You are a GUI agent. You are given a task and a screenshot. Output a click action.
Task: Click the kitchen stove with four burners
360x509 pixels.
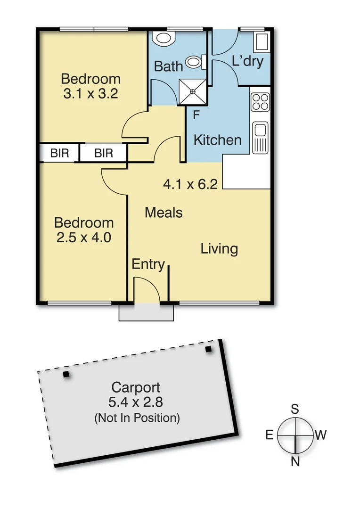click(x=260, y=101)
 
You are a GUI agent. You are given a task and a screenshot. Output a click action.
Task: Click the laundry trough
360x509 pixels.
click(x=261, y=44)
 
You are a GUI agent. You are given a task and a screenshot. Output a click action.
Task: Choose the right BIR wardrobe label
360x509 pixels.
click(x=104, y=153)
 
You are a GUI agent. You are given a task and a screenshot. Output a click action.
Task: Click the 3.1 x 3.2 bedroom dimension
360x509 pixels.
click(x=90, y=93)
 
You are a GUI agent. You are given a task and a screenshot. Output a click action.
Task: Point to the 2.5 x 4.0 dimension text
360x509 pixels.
click(x=83, y=238)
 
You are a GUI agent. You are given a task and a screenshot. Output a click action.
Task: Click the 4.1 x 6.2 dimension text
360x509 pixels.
click(x=190, y=184)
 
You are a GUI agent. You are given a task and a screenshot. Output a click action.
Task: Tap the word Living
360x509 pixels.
click(x=219, y=248)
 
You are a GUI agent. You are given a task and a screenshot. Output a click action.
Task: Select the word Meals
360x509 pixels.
click(x=164, y=213)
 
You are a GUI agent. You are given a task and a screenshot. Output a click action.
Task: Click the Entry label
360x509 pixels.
click(x=148, y=264)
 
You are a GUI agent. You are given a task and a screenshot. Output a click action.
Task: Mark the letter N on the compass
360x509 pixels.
click(x=295, y=462)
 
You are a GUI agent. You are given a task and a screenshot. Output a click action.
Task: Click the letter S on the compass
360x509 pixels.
click(x=295, y=409)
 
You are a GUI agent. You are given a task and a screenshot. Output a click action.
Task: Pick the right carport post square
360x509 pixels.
click(x=209, y=349)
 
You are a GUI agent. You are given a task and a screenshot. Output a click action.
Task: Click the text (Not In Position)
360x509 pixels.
click(x=137, y=418)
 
